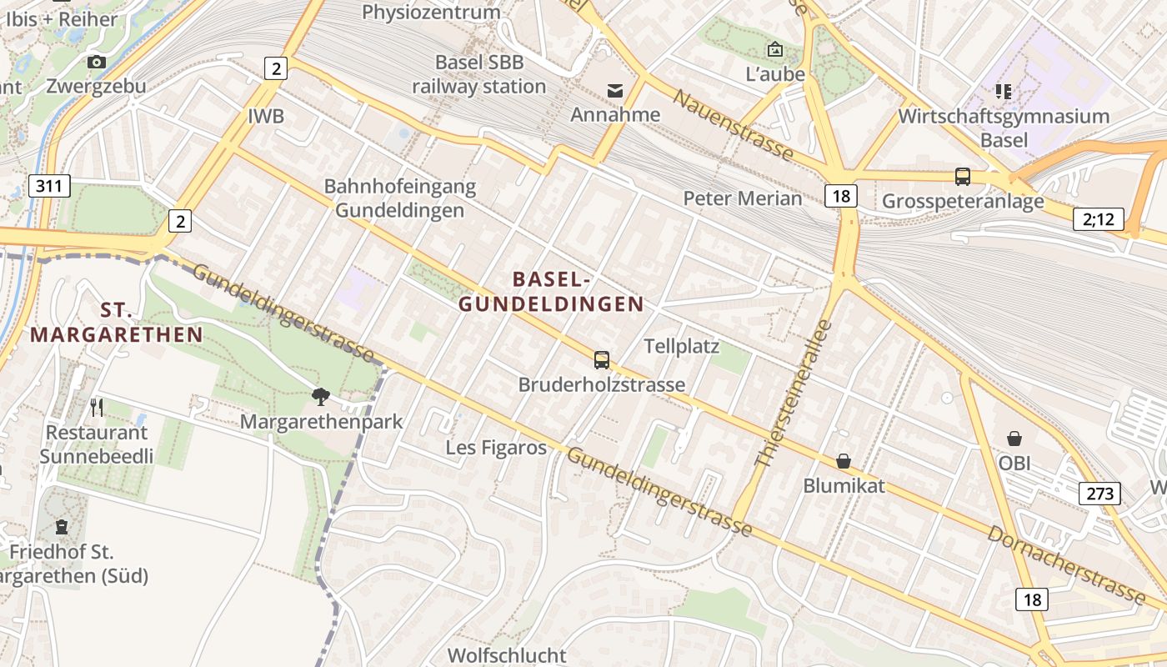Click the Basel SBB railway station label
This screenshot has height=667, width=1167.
tap(478, 74)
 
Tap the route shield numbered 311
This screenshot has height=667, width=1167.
tap(49, 186)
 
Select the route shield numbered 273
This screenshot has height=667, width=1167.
tap(1099, 494)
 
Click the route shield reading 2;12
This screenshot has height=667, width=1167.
tap(1098, 219)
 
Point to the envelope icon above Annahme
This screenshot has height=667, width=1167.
tap(615, 90)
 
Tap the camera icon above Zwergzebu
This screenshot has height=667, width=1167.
tap(96, 62)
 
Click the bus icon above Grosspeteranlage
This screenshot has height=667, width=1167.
tap(963, 177)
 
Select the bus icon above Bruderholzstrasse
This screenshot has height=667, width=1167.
tap(602, 360)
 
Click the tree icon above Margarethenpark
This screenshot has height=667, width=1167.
tap(320, 397)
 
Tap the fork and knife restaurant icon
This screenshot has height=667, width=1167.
tap(98, 408)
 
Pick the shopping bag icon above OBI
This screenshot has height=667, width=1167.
tap(1014, 438)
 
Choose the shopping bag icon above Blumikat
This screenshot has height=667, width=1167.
tap(844, 461)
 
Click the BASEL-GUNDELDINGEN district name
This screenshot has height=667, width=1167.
tap(551, 292)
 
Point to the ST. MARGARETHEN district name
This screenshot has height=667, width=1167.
tap(117, 323)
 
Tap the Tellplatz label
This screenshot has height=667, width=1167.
tap(681, 346)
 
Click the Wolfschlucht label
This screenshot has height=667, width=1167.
tap(507, 655)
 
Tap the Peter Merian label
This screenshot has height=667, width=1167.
tap(743, 198)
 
